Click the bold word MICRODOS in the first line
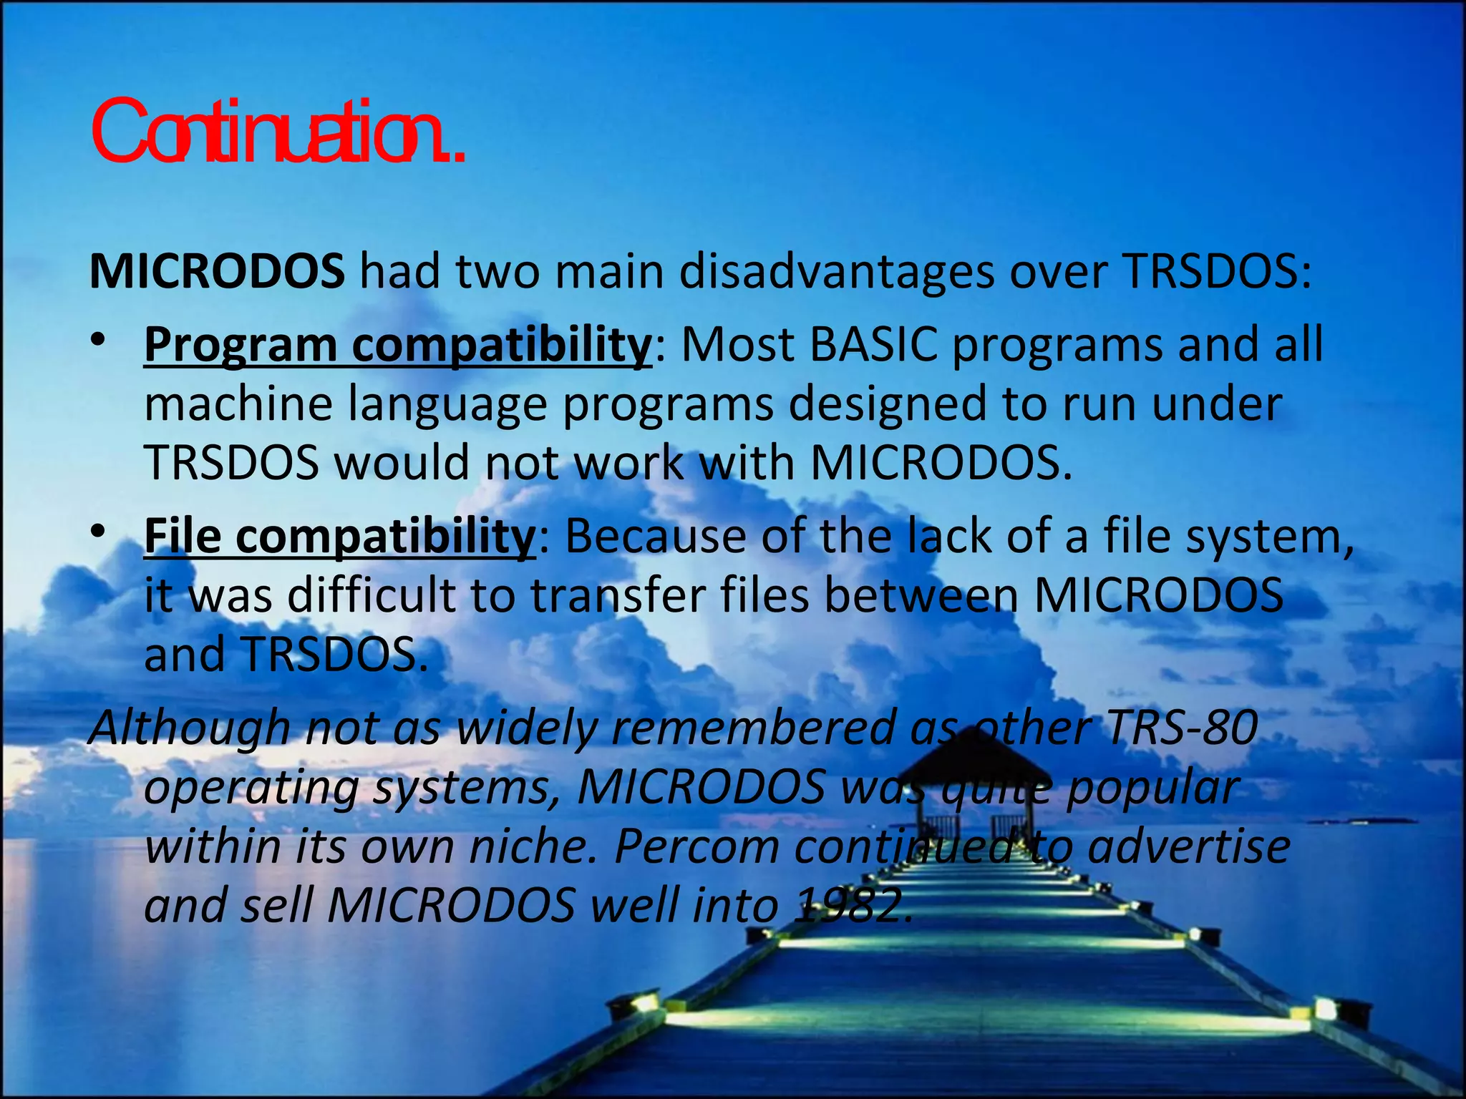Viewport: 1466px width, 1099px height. pos(217,272)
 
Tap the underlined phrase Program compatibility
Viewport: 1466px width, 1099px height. pos(397,346)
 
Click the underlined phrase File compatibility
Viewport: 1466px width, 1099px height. pos(339,536)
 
